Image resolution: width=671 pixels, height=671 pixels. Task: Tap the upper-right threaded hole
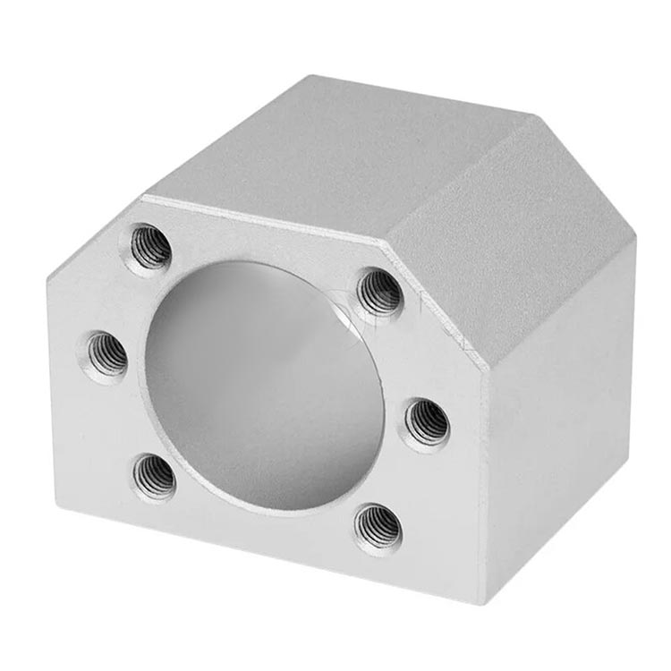pos(381,292)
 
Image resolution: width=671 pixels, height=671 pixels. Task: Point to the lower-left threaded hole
pos(155,476)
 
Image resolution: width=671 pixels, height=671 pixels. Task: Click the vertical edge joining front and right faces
pos(483,465)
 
